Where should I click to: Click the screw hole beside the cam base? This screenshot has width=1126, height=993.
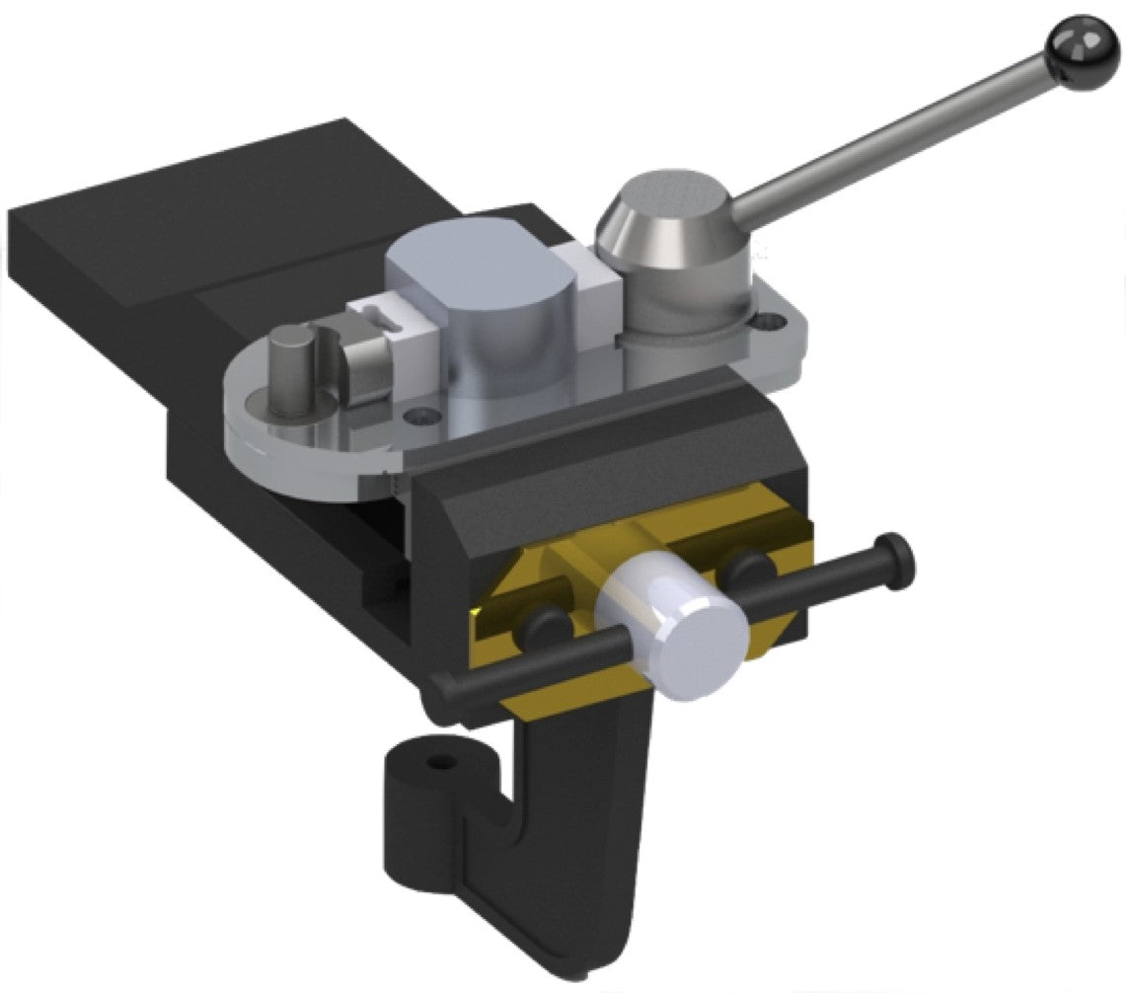coord(769,321)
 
